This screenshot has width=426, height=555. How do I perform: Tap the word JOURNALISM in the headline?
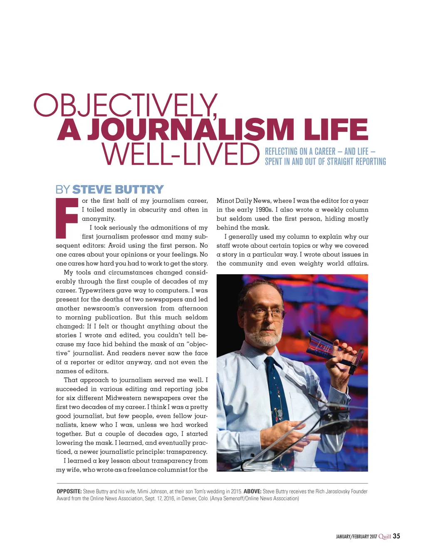[x=190, y=129]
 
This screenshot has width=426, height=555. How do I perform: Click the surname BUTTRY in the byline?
[x=139, y=190]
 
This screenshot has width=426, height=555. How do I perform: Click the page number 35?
[x=396, y=536]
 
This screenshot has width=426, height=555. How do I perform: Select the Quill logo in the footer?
[x=385, y=537]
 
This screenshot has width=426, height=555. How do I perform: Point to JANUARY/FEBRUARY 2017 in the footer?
[x=356, y=537]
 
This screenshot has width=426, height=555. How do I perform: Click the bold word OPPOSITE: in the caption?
[x=69, y=491]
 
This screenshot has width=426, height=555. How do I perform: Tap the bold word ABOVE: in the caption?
[x=253, y=491]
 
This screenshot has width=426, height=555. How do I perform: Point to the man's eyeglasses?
[x=270, y=313]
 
